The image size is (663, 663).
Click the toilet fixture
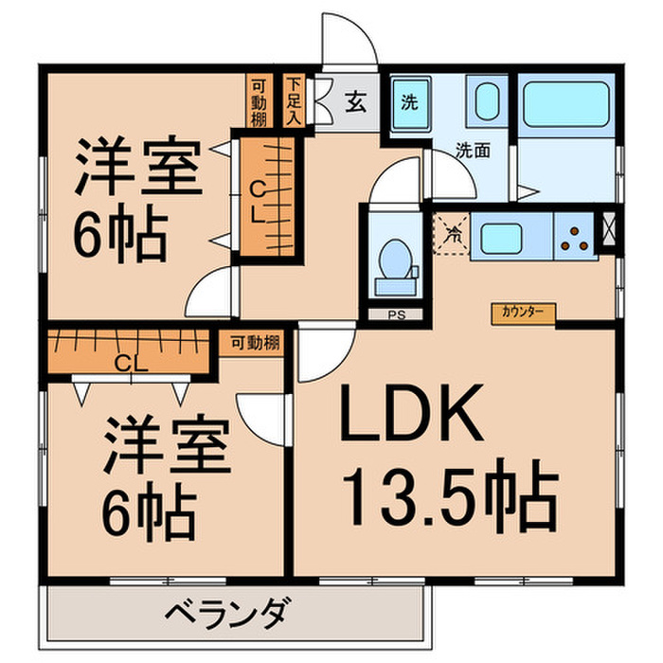tap(391, 260)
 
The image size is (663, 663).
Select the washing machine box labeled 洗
tap(409, 101)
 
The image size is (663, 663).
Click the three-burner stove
tap(575, 237)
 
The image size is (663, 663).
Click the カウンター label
tap(523, 310)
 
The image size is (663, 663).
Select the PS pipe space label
tap(391, 315)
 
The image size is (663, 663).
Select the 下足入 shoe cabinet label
tap(294, 99)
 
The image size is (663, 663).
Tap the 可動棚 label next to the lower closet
tap(254, 343)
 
